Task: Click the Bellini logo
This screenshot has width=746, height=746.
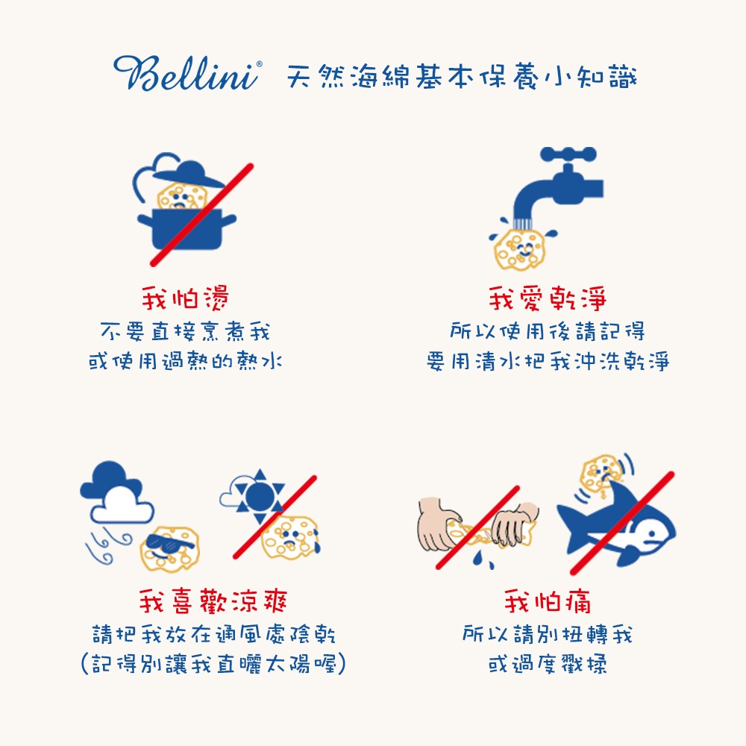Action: pyautogui.click(x=187, y=73)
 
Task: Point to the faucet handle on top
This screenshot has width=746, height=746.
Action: pyautogui.click(x=568, y=154)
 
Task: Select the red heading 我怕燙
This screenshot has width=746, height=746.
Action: pyautogui.click(x=185, y=298)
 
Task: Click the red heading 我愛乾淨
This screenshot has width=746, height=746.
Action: pyautogui.click(x=548, y=298)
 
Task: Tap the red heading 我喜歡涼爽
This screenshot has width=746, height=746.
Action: pyautogui.click(x=213, y=601)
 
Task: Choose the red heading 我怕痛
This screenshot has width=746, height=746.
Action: pyautogui.click(x=548, y=601)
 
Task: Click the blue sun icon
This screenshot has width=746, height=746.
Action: pyautogui.click(x=260, y=497)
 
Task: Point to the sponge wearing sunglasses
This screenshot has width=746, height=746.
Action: pyautogui.click(x=170, y=549)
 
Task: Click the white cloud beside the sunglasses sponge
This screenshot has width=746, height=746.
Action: pyautogui.click(x=122, y=505)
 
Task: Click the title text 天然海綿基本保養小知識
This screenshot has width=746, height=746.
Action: pyautogui.click(x=462, y=76)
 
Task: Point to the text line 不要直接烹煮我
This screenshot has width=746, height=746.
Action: pyautogui.click(x=185, y=331)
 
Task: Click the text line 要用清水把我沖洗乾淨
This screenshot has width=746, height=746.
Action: pyautogui.click(x=548, y=361)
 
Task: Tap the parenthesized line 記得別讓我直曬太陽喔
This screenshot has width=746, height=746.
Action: pyautogui.click(x=213, y=663)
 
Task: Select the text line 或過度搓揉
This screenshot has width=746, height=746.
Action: pyautogui.click(x=548, y=663)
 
